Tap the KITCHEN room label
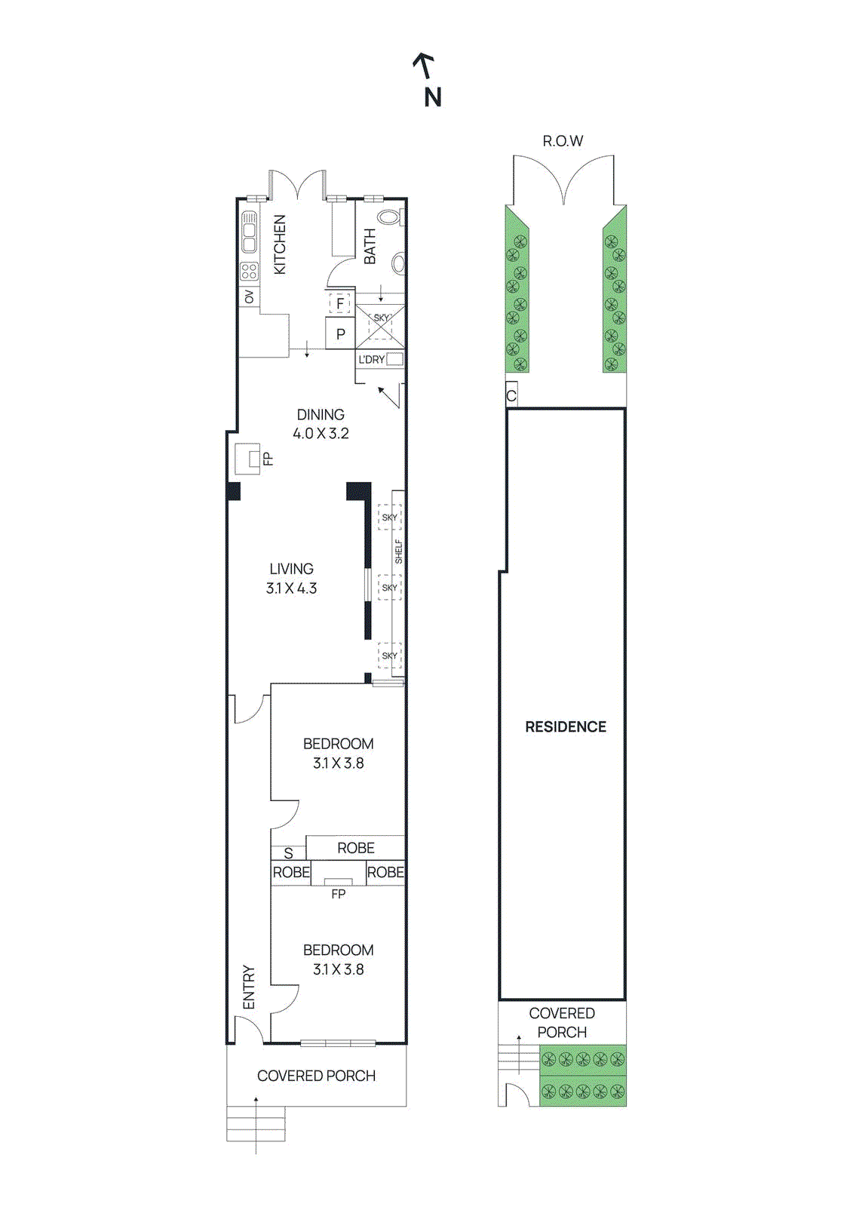click(x=280, y=244)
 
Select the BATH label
click(x=370, y=246)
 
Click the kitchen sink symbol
click(x=249, y=232)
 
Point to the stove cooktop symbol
click(x=249, y=271)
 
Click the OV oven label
click(x=249, y=297)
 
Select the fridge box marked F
click(x=340, y=303)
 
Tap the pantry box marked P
click(x=340, y=333)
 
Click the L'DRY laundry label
click(x=371, y=360)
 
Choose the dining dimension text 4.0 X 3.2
click(x=321, y=434)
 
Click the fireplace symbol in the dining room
click(x=248, y=458)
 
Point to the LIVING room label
click(x=291, y=569)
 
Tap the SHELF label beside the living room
click(x=398, y=551)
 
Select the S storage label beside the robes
click(x=288, y=854)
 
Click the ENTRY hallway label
click(x=249, y=987)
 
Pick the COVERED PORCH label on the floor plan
click(x=316, y=1076)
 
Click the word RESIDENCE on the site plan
click(x=566, y=726)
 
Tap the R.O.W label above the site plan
click(x=563, y=141)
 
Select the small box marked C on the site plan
click(x=511, y=395)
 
